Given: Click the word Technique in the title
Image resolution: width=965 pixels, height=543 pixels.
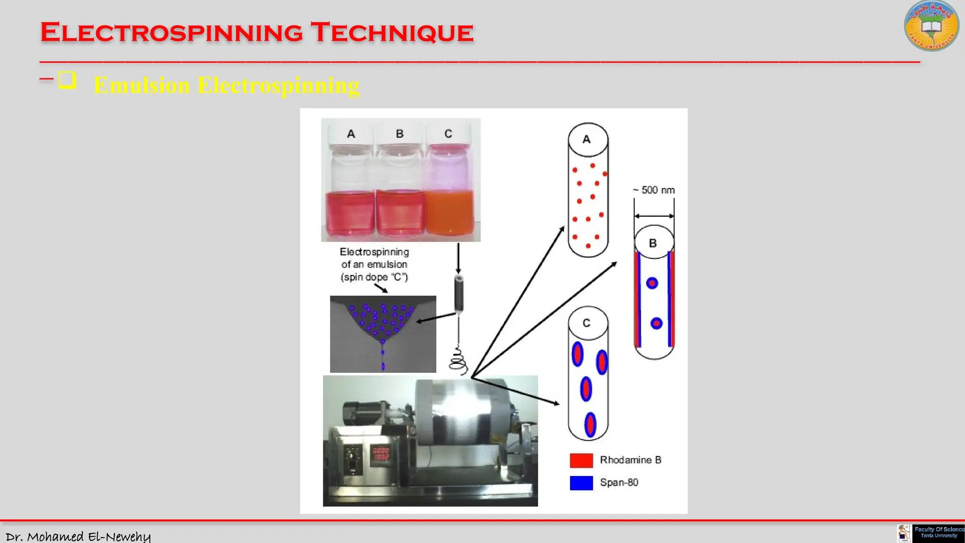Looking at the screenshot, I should click(x=392, y=33).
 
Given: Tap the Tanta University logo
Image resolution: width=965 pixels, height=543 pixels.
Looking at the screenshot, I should click(x=931, y=26).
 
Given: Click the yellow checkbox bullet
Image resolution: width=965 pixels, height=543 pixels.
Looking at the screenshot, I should click(x=67, y=80).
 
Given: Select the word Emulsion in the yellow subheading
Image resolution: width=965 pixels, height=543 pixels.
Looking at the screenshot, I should click(x=142, y=86).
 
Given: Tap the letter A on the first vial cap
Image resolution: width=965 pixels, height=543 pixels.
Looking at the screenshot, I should click(x=351, y=134).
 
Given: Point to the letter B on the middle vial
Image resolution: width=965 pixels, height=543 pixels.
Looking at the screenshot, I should click(x=400, y=134).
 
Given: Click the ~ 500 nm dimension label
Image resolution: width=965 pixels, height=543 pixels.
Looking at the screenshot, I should click(x=654, y=190).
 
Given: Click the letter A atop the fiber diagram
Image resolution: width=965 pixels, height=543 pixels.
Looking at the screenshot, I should click(x=587, y=140).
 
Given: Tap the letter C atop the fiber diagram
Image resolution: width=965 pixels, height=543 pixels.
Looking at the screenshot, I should click(x=587, y=323).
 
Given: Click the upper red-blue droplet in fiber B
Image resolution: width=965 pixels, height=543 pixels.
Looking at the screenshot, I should click(x=652, y=283).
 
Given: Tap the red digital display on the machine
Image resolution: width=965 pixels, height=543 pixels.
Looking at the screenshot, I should click(x=381, y=454).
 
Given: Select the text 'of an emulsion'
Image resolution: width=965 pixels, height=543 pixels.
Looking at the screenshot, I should click(x=374, y=264).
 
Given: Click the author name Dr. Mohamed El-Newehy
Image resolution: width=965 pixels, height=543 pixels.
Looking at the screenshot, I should click(x=78, y=536).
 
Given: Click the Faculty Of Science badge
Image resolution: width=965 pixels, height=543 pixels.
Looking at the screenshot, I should click(x=938, y=533).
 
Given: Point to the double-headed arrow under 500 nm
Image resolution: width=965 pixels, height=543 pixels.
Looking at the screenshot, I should click(x=654, y=216).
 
